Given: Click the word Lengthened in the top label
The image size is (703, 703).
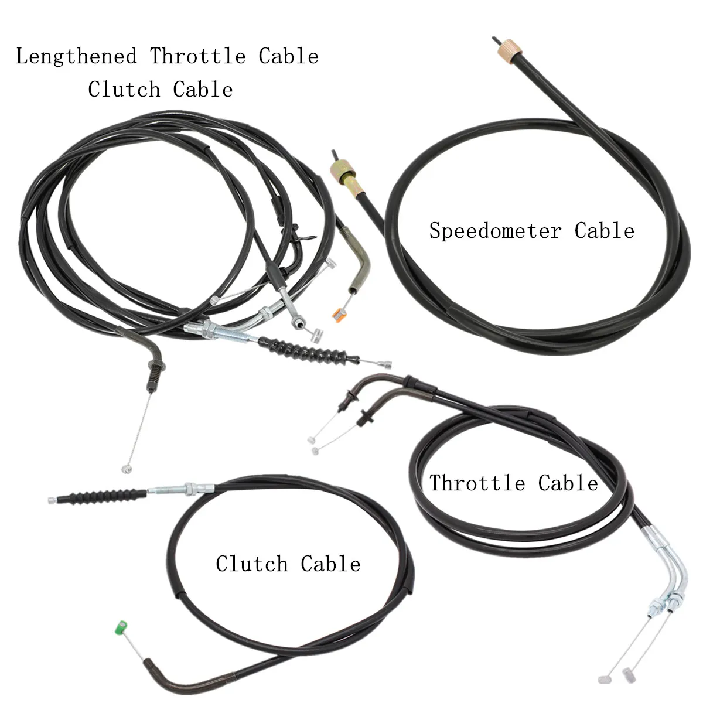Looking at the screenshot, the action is coord(76,57).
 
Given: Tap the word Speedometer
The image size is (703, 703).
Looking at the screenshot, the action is coord(495,231).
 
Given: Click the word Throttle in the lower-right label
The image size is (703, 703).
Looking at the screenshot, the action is coord(477,483).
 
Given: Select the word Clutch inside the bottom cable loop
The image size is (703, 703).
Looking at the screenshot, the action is coord(252,564).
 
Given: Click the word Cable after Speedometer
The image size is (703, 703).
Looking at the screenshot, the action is coord(605,231).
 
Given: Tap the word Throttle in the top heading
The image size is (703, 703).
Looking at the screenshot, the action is coord(198,57).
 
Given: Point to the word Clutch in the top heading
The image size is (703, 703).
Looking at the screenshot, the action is coord(124,90).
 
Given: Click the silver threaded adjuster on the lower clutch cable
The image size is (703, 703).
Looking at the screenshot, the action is coord(181,489).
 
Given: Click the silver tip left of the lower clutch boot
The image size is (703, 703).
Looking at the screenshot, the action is coord(53,500).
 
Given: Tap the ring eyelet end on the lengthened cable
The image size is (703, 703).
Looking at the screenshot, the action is coord(298,322).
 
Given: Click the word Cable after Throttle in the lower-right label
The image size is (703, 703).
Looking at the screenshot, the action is coord(568,483).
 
